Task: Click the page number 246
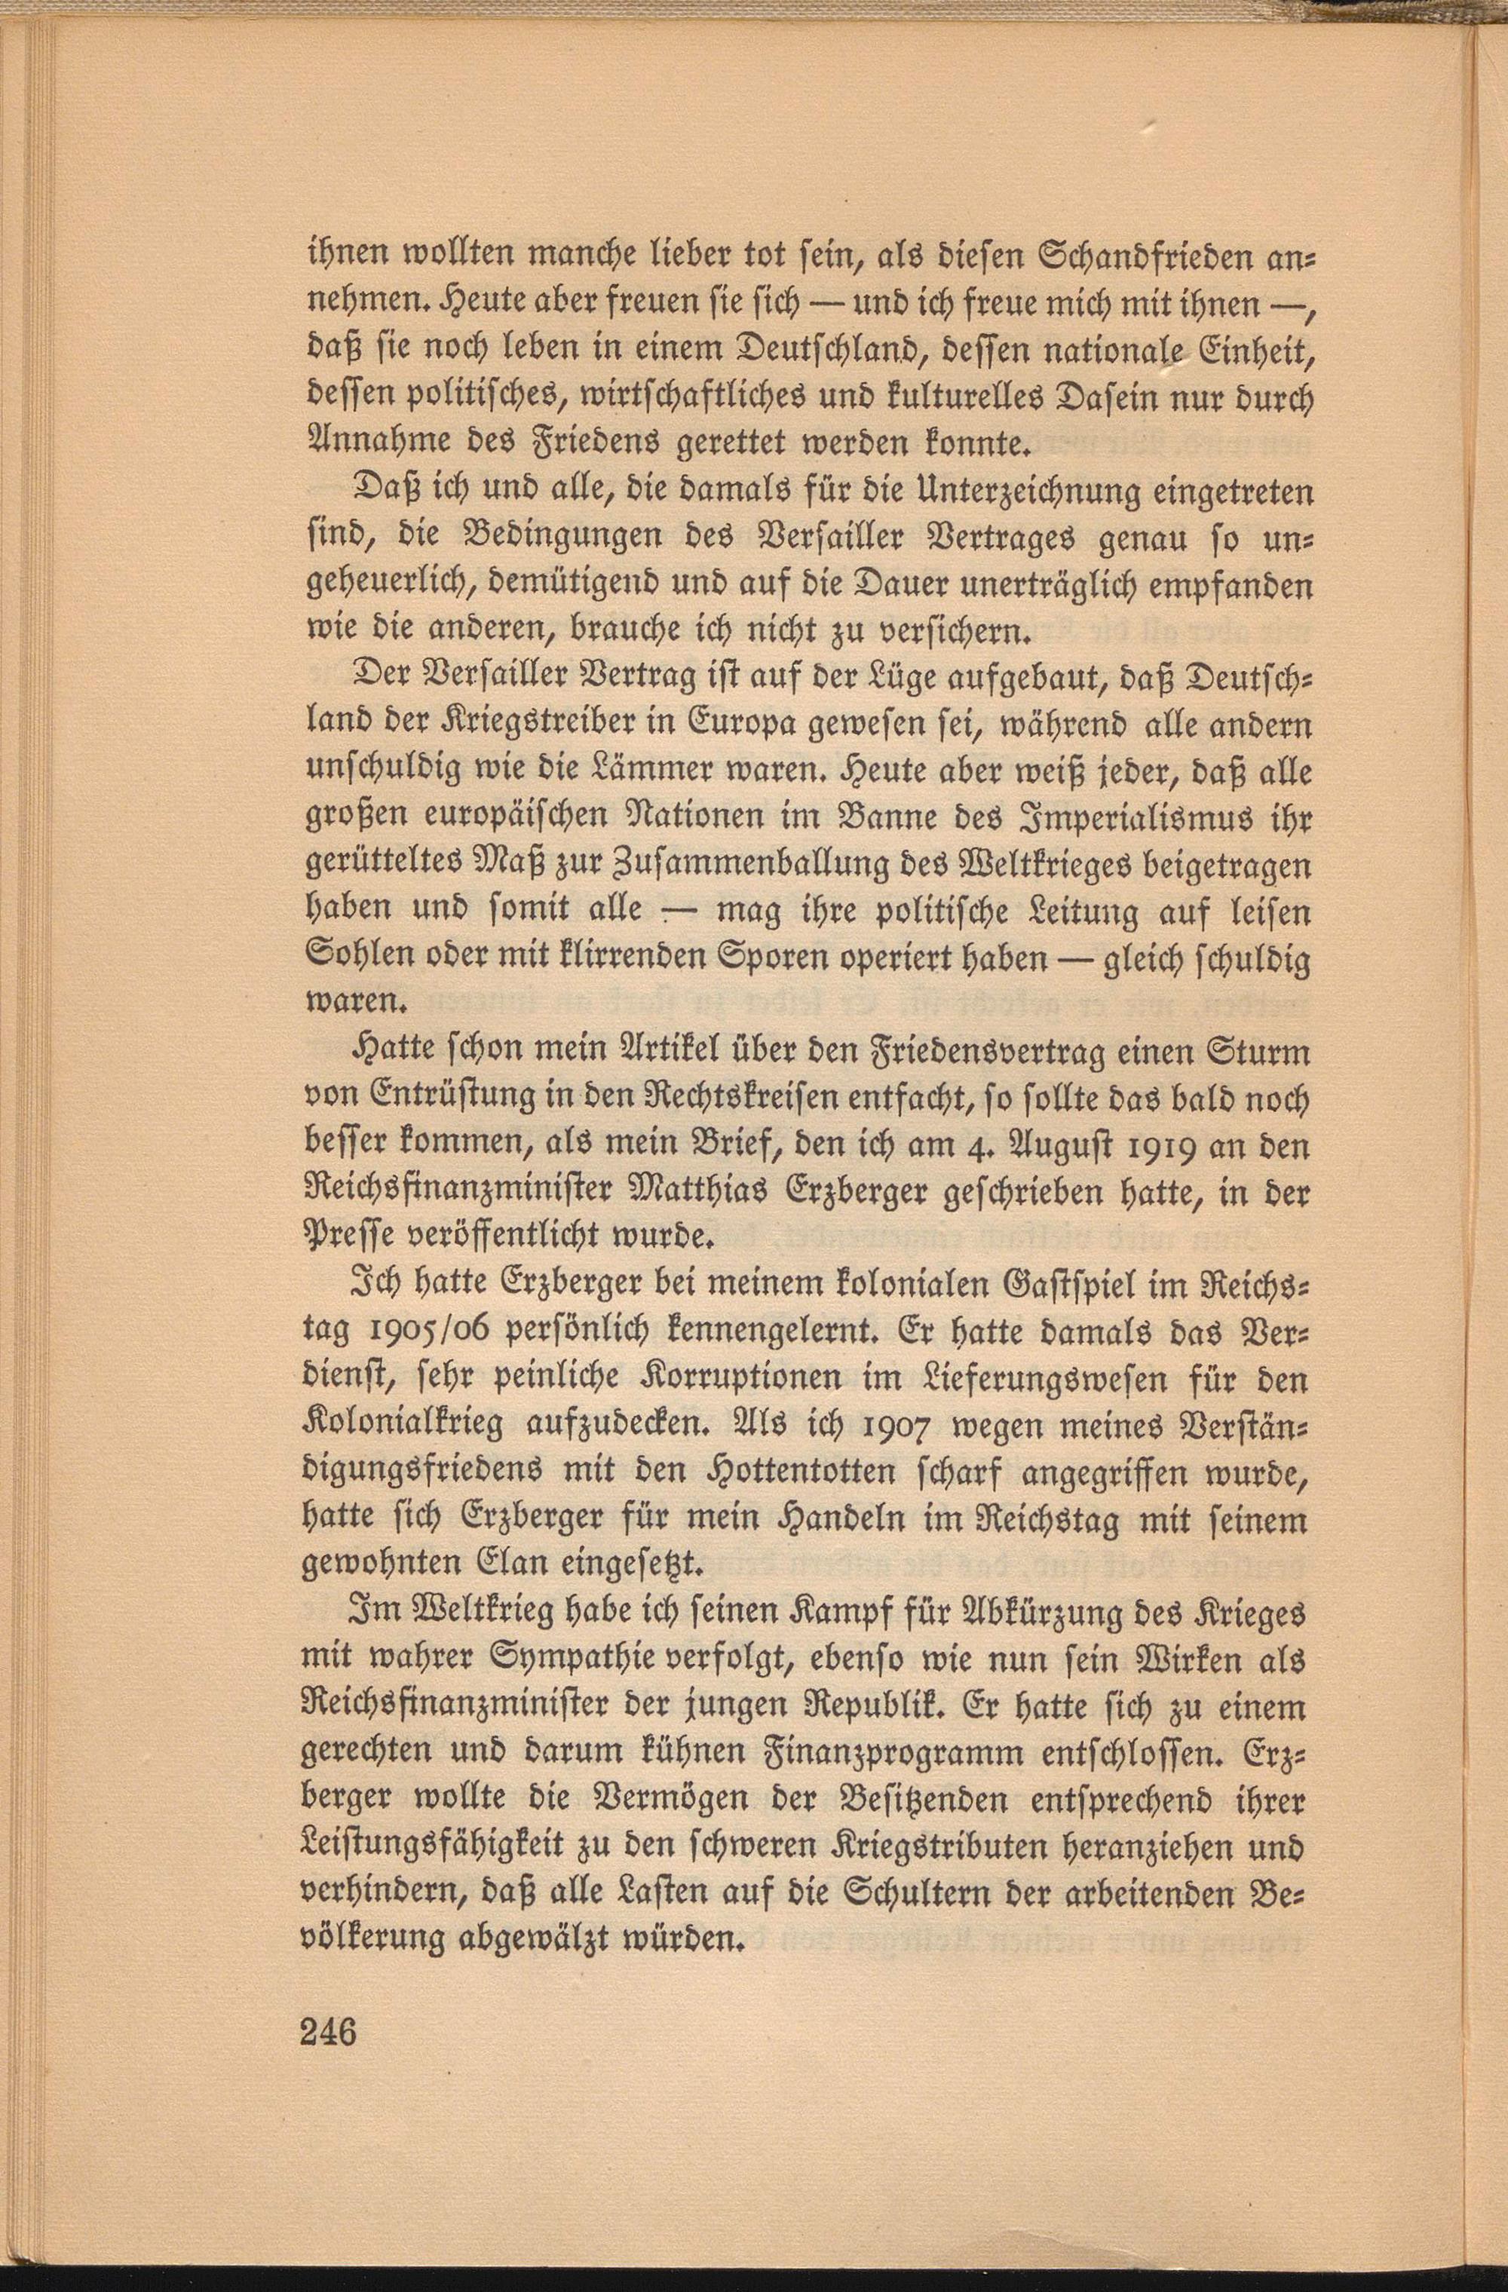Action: click(x=329, y=2052)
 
